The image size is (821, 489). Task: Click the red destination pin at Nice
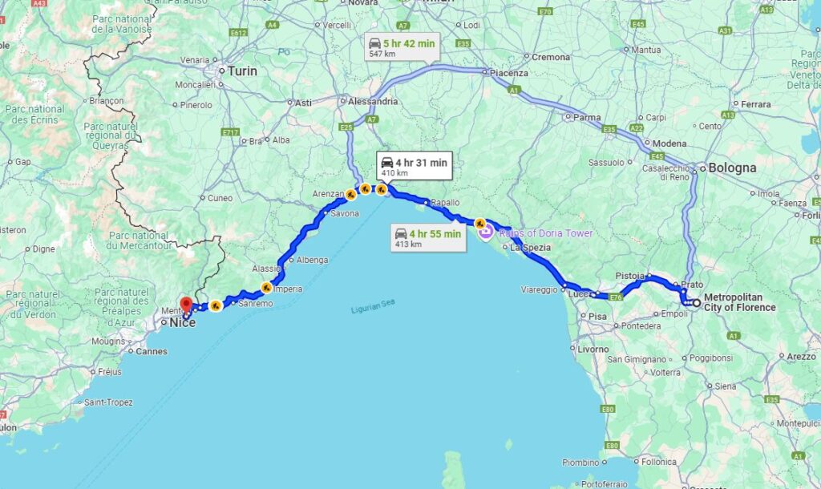click(186, 305)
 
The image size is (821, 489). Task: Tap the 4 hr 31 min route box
click(413, 166)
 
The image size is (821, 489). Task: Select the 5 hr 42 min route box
click(400, 47)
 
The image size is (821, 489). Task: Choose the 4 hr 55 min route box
click(427, 237)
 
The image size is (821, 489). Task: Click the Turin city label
click(242, 71)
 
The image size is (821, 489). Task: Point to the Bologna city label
click(731, 168)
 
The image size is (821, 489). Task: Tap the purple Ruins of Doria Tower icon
click(486, 232)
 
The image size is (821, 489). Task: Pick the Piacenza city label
click(510, 73)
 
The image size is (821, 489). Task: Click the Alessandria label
click(372, 102)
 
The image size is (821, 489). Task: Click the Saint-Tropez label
click(109, 402)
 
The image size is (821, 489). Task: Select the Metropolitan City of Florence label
click(739, 302)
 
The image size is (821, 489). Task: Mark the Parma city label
click(587, 117)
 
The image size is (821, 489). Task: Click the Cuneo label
click(220, 198)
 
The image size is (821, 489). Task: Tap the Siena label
click(725, 386)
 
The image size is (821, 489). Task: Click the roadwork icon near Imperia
click(266, 287)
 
